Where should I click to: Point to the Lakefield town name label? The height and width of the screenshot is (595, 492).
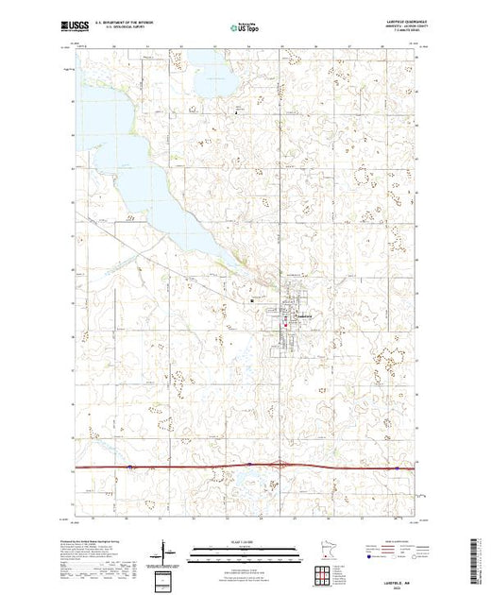(x=305, y=315)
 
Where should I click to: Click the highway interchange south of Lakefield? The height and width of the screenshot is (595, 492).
(x=281, y=463)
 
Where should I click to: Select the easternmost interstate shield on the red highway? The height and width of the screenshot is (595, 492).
(x=398, y=466)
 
